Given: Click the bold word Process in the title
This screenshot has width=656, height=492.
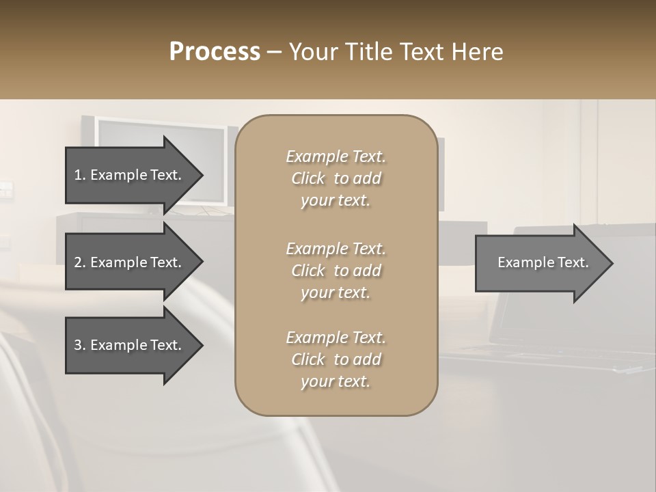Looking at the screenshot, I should (x=215, y=52).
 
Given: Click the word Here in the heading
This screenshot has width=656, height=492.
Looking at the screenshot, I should (x=476, y=52).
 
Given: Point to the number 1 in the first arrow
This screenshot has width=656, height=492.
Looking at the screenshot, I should (x=77, y=175).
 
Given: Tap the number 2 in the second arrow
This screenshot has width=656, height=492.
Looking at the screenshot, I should (x=78, y=262).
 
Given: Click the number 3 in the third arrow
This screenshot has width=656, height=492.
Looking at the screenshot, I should (x=78, y=345).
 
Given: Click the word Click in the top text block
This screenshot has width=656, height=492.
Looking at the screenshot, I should (x=308, y=179).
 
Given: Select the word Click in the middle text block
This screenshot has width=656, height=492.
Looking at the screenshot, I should (x=308, y=271).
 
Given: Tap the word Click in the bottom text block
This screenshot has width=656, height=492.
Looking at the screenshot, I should (x=308, y=359).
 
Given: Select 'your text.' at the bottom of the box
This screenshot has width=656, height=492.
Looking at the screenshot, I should (x=336, y=382).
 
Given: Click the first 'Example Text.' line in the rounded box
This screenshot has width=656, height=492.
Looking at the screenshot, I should (x=336, y=156).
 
